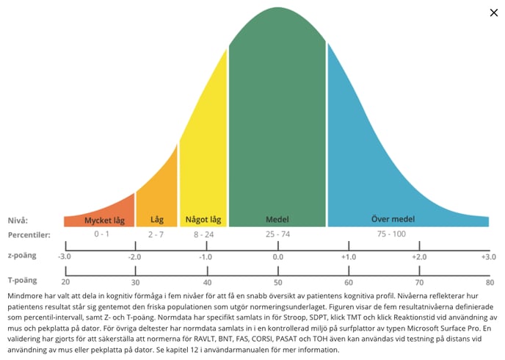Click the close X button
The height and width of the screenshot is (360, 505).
493,12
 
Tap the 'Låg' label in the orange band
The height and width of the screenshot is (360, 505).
157,220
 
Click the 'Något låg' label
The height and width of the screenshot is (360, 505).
203,220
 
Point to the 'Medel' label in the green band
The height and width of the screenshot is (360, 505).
277,220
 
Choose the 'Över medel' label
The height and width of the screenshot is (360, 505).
407,220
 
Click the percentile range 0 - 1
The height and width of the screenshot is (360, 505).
101,234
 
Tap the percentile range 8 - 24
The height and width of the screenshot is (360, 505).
203,234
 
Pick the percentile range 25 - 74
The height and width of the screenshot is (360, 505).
277,234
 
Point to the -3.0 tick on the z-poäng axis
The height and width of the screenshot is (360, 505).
65,256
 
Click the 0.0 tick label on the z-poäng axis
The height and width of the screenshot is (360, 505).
278,256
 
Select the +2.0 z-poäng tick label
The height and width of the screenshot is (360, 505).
418,256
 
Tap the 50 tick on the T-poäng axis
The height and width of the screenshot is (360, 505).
278,282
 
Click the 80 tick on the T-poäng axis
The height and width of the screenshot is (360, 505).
490,282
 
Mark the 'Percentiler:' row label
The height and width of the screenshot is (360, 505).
30,234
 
